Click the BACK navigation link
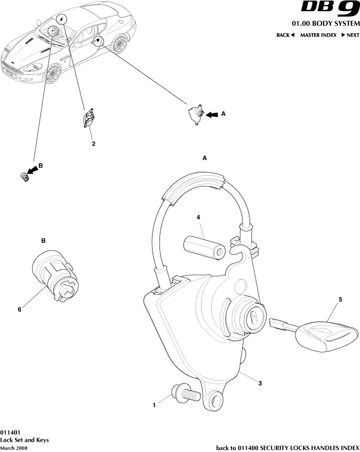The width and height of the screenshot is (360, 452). click(285, 35)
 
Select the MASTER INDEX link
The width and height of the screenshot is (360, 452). click(318, 35)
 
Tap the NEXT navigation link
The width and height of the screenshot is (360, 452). click(351, 35)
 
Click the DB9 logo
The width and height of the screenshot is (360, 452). click(330, 9)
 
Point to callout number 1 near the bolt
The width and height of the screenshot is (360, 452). click(154, 405)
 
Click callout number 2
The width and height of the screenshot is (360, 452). click(93, 144)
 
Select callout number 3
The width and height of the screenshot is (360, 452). click(260, 383)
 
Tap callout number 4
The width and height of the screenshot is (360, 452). click(198, 217)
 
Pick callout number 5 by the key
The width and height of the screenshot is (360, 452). click(340, 300)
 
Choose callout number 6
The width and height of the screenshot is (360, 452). click(20, 309)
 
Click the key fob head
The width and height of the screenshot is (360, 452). click(327, 335)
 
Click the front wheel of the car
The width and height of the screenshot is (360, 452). click(53, 74)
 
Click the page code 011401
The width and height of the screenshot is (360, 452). click(10, 432)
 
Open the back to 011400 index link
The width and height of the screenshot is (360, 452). click(288, 448)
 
